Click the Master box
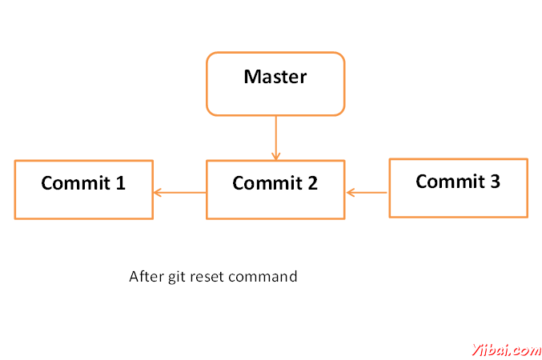[275, 84]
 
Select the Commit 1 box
[83, 190]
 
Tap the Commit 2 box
[275, 190]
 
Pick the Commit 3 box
[459, 188]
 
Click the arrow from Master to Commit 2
[276, 138]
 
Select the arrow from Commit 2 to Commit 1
[180, 193]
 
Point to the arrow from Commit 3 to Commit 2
[367, 193]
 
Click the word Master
[275, 77]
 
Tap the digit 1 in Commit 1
[120, 182]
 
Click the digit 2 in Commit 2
[312, 183]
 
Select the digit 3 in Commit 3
[495, 182]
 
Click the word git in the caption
[177, 277]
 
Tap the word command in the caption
[263, 276]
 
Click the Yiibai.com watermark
[507, 350]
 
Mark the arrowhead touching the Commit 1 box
[157, 193]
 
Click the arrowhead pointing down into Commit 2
[276, 156]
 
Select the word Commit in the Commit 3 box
[450, 182]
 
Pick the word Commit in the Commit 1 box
[75, 182]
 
